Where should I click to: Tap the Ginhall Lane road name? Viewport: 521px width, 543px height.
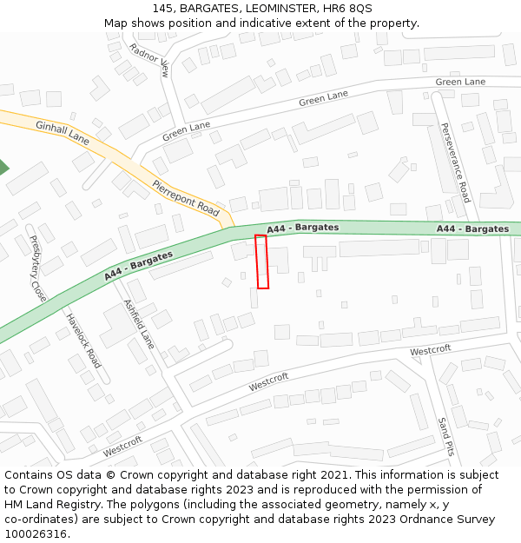tap(63, 132)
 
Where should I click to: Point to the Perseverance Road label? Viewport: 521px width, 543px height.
tap(455, 162)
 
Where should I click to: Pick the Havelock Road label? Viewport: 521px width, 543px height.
tap(83, 340)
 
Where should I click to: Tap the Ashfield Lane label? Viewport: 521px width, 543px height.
tap(139, 324)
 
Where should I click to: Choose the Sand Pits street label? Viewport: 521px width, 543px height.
tap(445, 436)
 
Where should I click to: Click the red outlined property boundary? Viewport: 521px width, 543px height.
tap(262, 262)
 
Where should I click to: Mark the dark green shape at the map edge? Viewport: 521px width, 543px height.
tap(3, 168)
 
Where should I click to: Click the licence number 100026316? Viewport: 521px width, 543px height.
tap(36, 534)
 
